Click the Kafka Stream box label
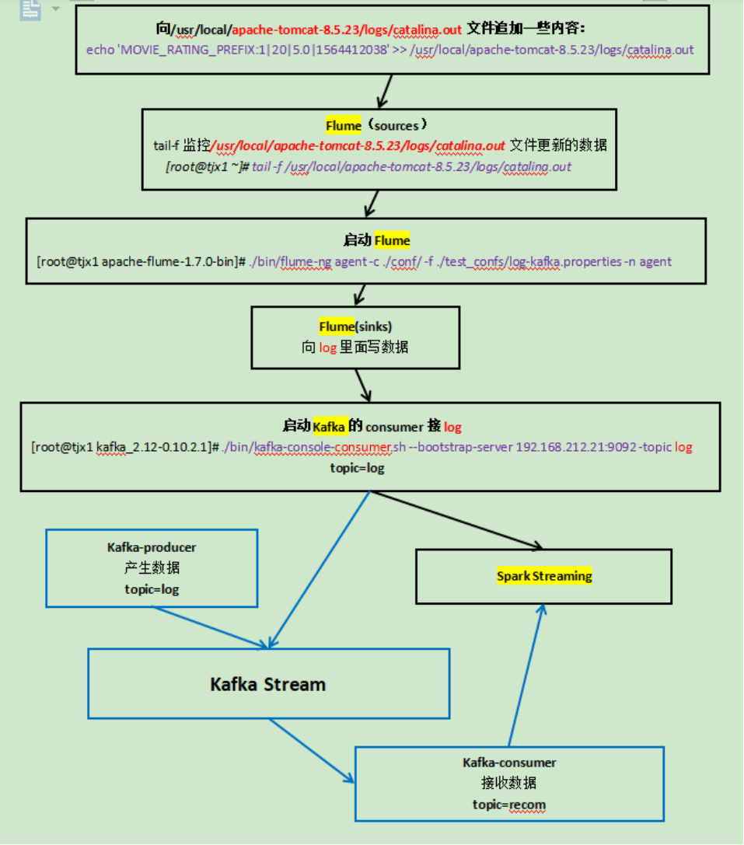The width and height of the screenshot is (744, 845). click(x=267, y=684)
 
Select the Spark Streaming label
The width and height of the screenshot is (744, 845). click(x=544, y=576)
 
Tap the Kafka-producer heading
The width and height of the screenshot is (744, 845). click(x=152, y=547)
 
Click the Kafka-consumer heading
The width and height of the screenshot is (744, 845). click(x=509, y=763)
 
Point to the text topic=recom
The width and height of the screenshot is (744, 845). click(x=509, y=804)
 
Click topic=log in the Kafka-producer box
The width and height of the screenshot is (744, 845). click(x=152, y=589)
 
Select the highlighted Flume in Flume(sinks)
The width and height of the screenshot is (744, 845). click(x=336, y=326)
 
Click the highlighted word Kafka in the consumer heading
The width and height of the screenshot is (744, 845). click(x=329, y=426)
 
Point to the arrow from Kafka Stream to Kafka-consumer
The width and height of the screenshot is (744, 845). click(x=311, y=749)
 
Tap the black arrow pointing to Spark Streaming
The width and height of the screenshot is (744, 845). click(x=459, y=520)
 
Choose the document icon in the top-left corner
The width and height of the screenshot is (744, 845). click(x=30, y=9)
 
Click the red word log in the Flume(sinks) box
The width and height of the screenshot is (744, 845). click(x=327, y=347)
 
